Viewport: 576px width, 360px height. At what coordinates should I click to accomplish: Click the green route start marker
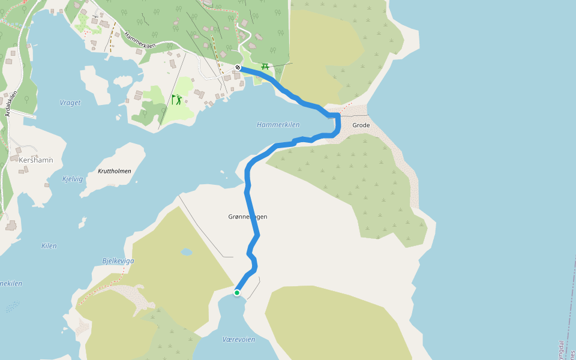coord(237,293)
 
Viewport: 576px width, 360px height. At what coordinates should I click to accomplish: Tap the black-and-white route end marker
coord(238,67)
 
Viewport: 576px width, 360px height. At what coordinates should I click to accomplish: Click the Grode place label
coord(361,125)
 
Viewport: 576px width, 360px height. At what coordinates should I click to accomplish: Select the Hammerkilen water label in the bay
coord(278,125)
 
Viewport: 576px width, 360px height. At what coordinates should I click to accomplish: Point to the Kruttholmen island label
coord(114,171)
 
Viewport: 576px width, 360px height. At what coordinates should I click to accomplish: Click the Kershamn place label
coord(36,160)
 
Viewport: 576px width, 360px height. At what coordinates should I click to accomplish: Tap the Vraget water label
coord(70,103)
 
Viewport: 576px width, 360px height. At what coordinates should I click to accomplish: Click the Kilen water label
coord(49,246)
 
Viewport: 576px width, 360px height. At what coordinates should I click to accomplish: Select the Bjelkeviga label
coord(118,261)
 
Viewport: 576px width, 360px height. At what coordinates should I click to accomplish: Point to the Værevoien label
coord(238,340)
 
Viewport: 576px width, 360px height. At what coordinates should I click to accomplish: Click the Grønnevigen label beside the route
coord(247,216)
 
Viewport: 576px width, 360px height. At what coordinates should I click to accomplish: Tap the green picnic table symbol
coord(265,65)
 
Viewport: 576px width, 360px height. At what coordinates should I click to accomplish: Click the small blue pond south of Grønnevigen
coord(187,253)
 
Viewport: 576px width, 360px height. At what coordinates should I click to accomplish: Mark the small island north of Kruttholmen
coord(122,80)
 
